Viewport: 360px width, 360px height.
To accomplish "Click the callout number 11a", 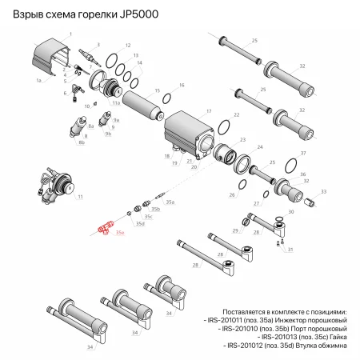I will [x=116, y=103].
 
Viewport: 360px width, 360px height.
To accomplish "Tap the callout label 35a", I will [x=170, y=204].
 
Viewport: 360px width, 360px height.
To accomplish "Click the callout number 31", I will [x=290, y=250].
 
